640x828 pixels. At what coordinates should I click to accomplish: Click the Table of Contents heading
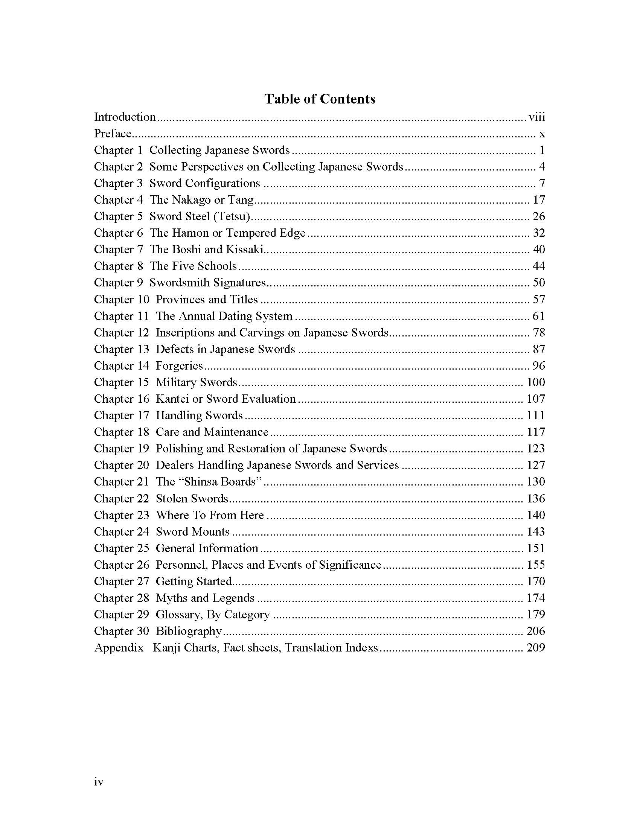point(320,99)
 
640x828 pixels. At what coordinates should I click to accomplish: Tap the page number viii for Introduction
point(536,117)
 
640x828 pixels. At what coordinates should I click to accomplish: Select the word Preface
point(113,134)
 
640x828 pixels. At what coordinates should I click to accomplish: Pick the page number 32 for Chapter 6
point(538,233)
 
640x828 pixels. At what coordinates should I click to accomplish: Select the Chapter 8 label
point(118,266)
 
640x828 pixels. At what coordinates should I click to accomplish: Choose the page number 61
point(538,316)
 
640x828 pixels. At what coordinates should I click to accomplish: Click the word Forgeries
point(179,366)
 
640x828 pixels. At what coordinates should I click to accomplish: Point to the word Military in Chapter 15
point(177,382)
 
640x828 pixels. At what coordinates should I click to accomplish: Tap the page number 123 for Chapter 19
point(535,449)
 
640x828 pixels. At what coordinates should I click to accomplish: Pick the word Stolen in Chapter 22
point(172,499)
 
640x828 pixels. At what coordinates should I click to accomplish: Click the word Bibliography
point(189,631)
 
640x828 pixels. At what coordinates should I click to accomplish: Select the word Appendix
point(119,648)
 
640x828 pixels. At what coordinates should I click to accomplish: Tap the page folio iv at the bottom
point(99,782)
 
